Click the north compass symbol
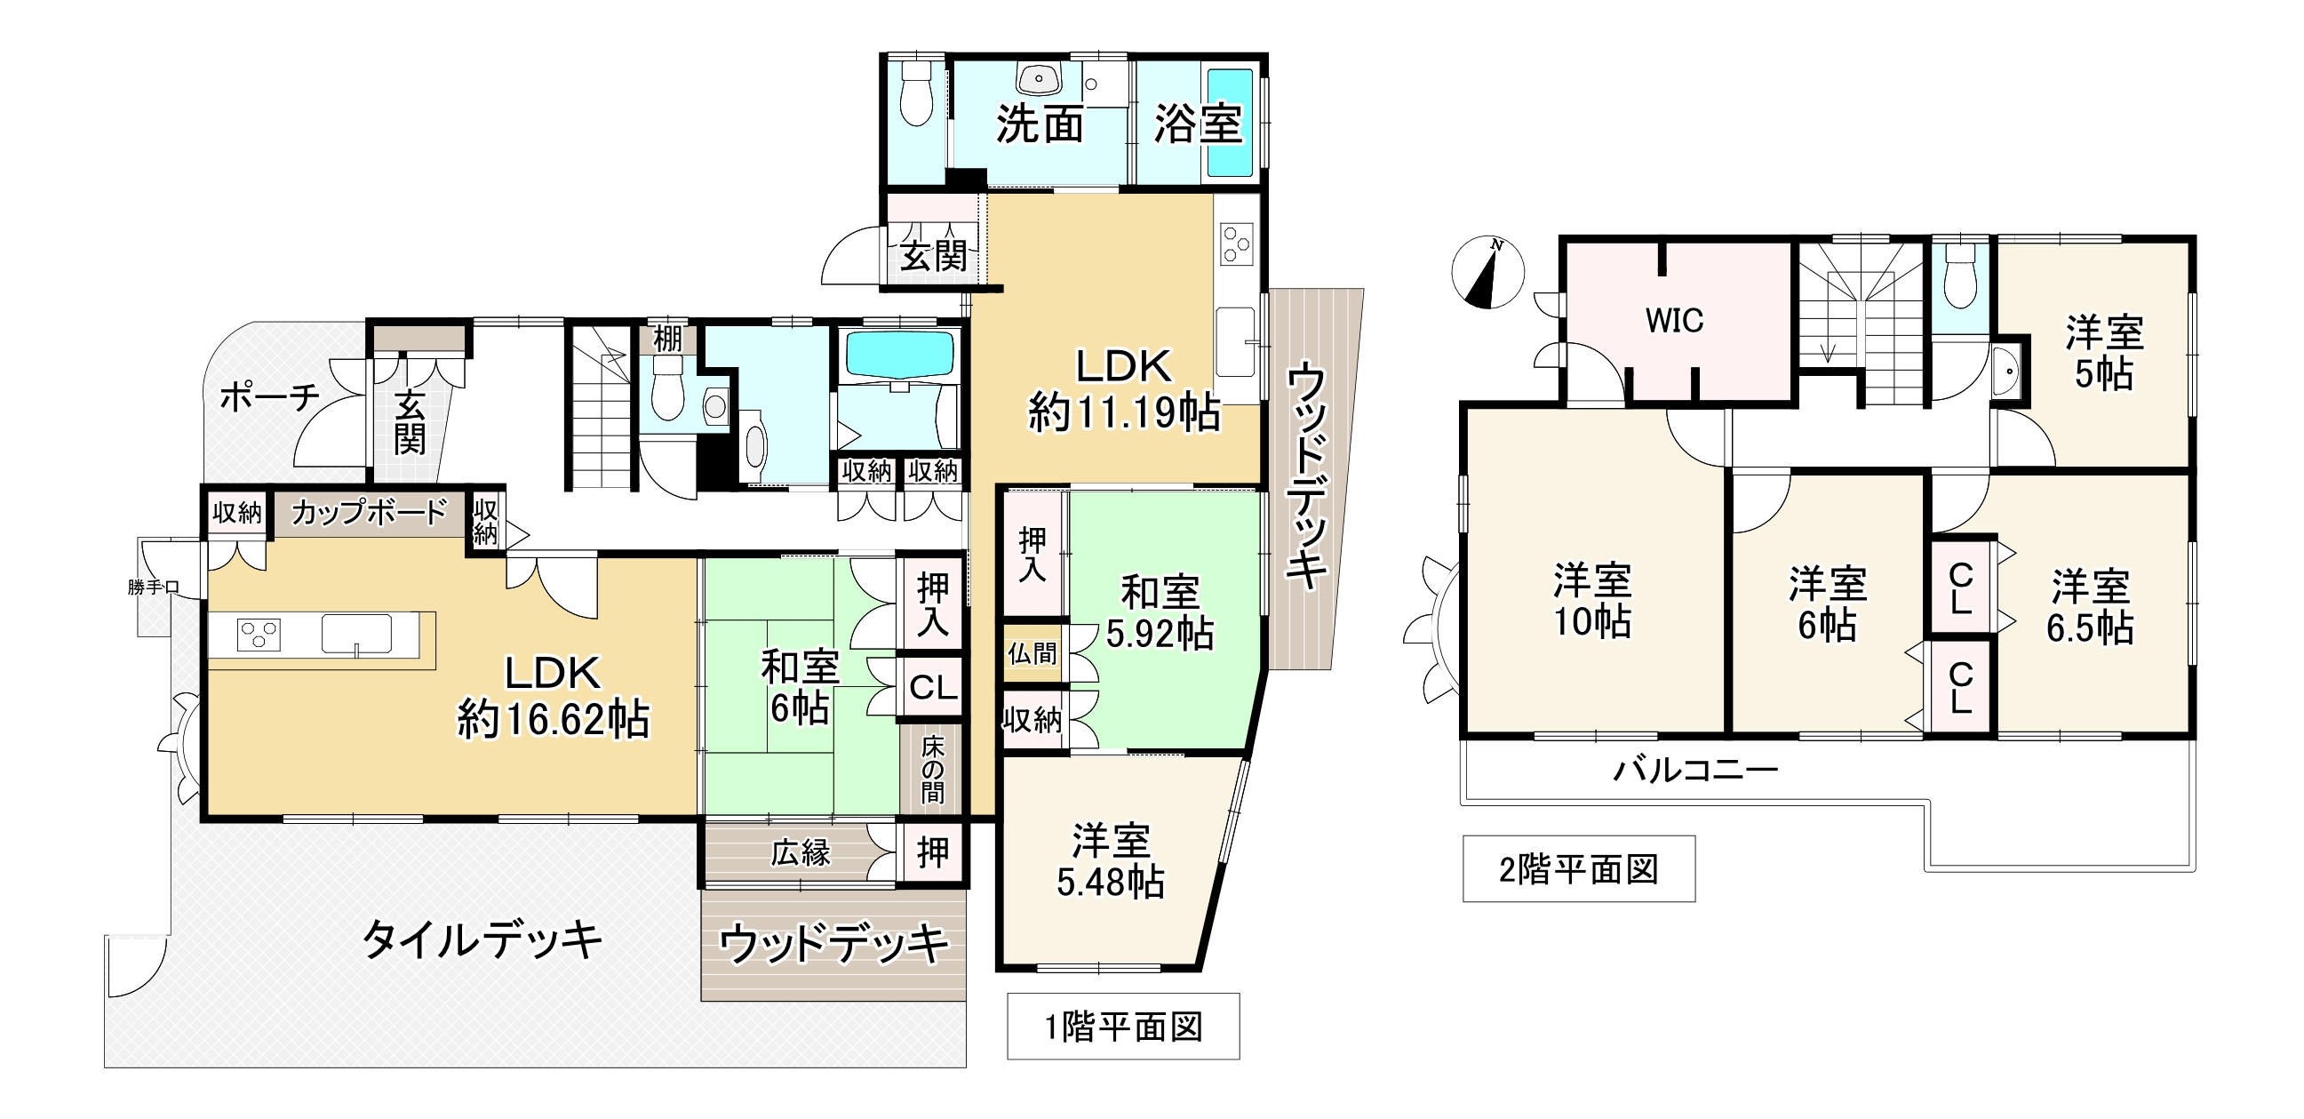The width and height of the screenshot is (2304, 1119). tap(1487, 272)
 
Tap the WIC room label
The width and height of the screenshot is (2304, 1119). tap(1674, 321)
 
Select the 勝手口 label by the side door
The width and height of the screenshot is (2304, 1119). tap(154, 587)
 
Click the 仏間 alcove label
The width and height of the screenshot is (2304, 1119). tap(1032, 654)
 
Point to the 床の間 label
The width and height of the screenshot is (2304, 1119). tap(933, 768)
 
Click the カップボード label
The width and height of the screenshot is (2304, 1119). tap(370, 512)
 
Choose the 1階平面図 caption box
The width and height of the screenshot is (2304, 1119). tap(1123, 1026)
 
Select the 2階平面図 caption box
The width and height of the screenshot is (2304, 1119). tap(1579, 868)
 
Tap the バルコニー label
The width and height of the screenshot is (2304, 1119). tap(1695, 769)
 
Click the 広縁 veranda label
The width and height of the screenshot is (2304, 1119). tap(801, 852)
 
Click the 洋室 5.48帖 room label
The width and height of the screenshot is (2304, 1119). tap(1111, 861)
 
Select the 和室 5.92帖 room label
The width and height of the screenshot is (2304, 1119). tap(1160, 613)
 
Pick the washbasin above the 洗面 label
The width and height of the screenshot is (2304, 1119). tap(1041, 78)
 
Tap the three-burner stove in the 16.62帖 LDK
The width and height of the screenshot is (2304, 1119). tap(259, 635)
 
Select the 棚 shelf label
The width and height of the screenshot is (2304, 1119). tap(667, 339)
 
